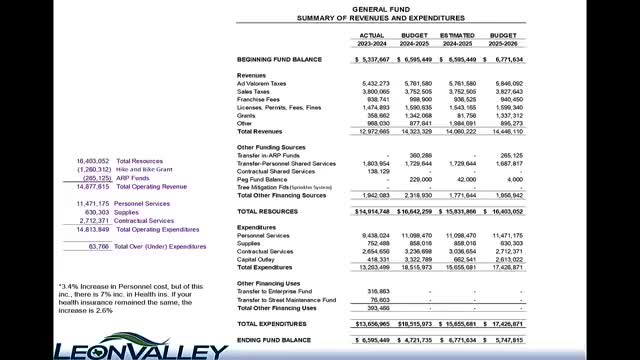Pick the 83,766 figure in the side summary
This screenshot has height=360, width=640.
click(98, 245)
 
